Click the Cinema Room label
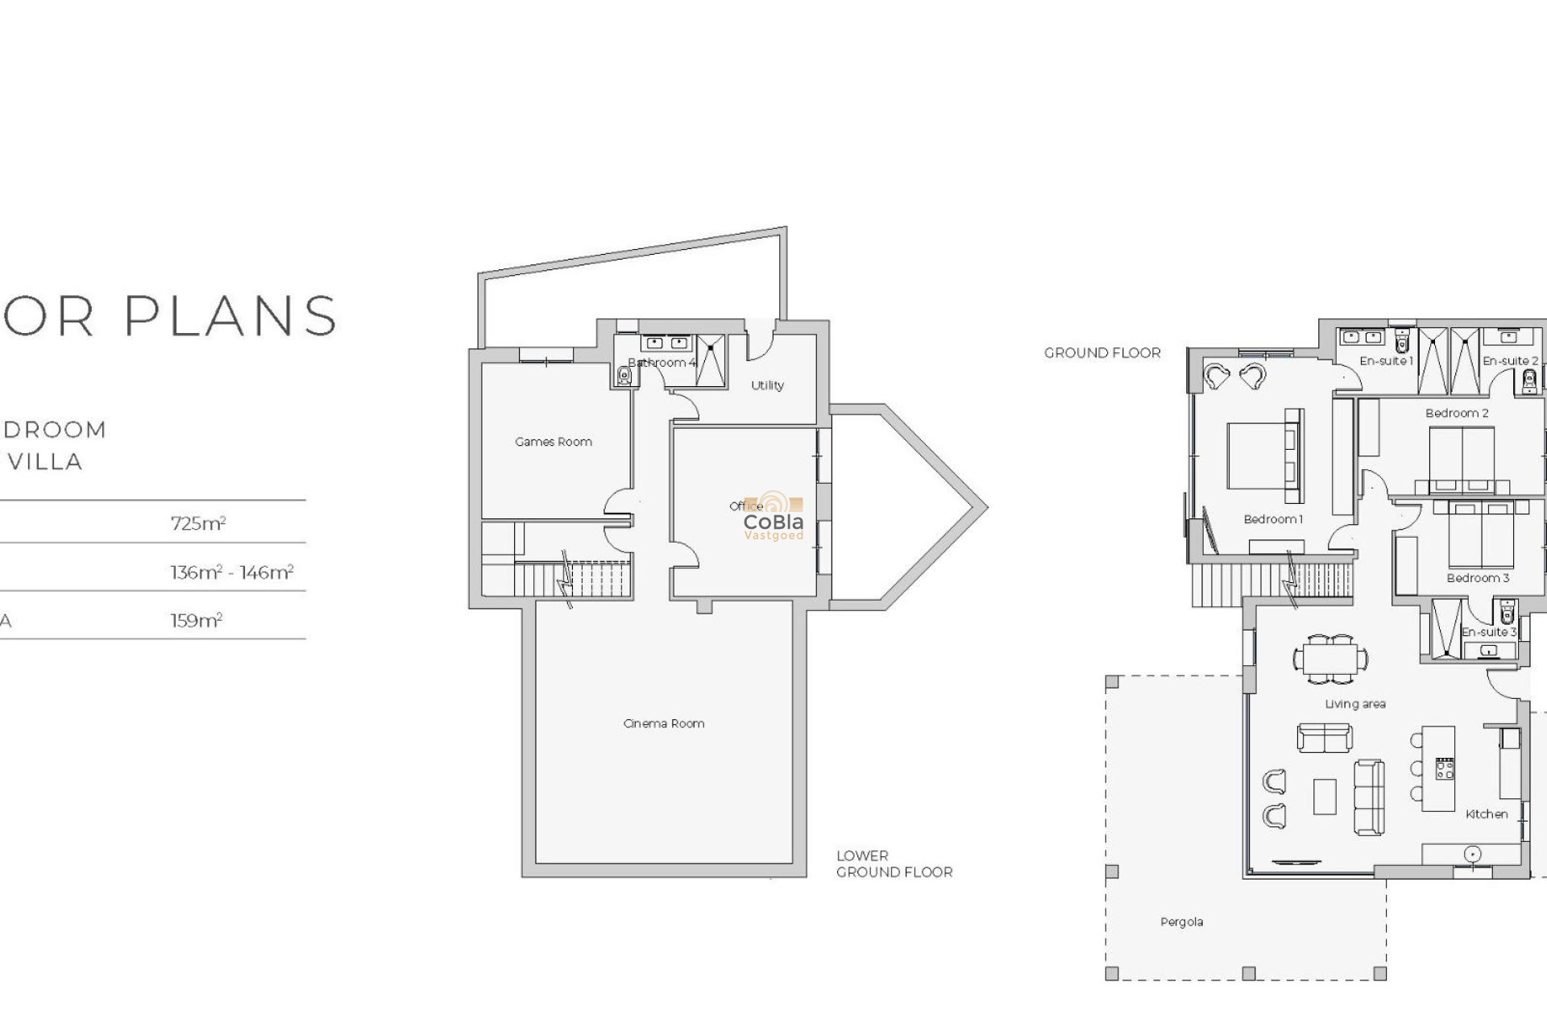[663, 723]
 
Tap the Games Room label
[553, 442]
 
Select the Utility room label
[767, 385]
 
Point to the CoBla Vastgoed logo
[773, 517]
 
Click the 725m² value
[197, 523]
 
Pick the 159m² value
[196, 621]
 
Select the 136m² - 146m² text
[231, 572]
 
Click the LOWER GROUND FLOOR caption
[894, 863]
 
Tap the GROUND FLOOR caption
[1101, 353]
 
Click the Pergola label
[1181, 922]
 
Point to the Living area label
[1355, 704]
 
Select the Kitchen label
[1486, 814]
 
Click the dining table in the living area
[1330, 658]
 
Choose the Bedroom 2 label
[1457, 413]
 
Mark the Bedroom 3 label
[1477, 578]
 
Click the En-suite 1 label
[1386, 361]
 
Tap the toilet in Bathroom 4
[624, 375]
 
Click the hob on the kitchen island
[1445, 768]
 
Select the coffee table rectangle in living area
[1325, 797]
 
